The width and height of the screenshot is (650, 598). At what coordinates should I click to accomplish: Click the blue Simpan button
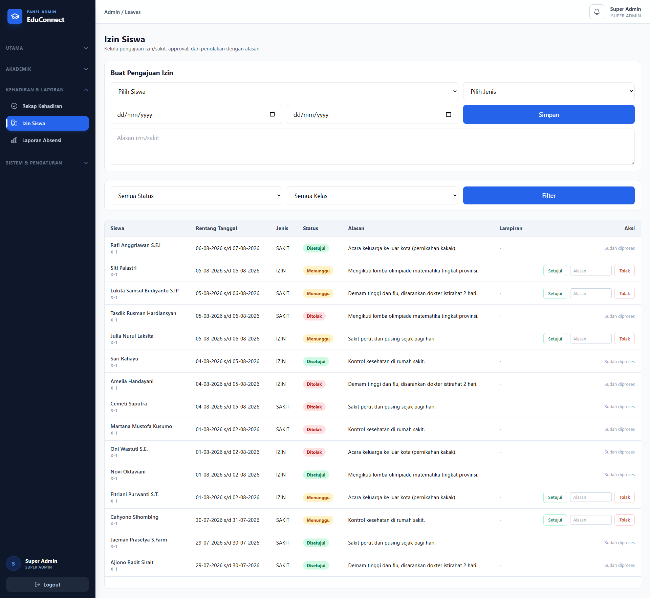point(548,114)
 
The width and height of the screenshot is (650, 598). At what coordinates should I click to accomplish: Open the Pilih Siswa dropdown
point(284,91)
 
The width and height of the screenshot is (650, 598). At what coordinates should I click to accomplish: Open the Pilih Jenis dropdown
point(548,91)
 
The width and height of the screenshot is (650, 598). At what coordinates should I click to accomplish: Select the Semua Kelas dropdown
point(372,196)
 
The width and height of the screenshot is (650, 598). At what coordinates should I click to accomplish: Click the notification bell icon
point(597,12)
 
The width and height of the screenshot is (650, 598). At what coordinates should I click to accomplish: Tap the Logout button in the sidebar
point(47,584)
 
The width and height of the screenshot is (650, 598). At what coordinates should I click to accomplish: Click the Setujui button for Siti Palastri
point(555,271)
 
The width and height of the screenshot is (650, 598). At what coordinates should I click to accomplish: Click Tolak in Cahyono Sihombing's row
point(624,520)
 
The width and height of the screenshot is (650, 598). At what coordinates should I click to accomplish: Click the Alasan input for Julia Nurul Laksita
point(590,339)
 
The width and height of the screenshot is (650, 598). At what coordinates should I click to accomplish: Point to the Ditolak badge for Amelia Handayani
point(314,384)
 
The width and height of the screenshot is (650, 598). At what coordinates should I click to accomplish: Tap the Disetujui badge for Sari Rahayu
point(316,361)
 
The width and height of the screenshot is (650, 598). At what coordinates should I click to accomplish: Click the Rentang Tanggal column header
point(216,228)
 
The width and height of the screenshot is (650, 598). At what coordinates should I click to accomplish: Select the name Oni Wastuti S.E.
point(129,449)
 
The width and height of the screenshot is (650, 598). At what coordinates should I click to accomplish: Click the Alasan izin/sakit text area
point(372,147)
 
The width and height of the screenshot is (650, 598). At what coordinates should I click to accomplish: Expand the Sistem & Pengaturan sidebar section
point(47,163)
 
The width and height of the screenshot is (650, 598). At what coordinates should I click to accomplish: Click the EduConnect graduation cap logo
point(15,16)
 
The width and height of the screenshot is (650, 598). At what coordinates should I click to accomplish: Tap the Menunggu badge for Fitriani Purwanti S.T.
point(318,497)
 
